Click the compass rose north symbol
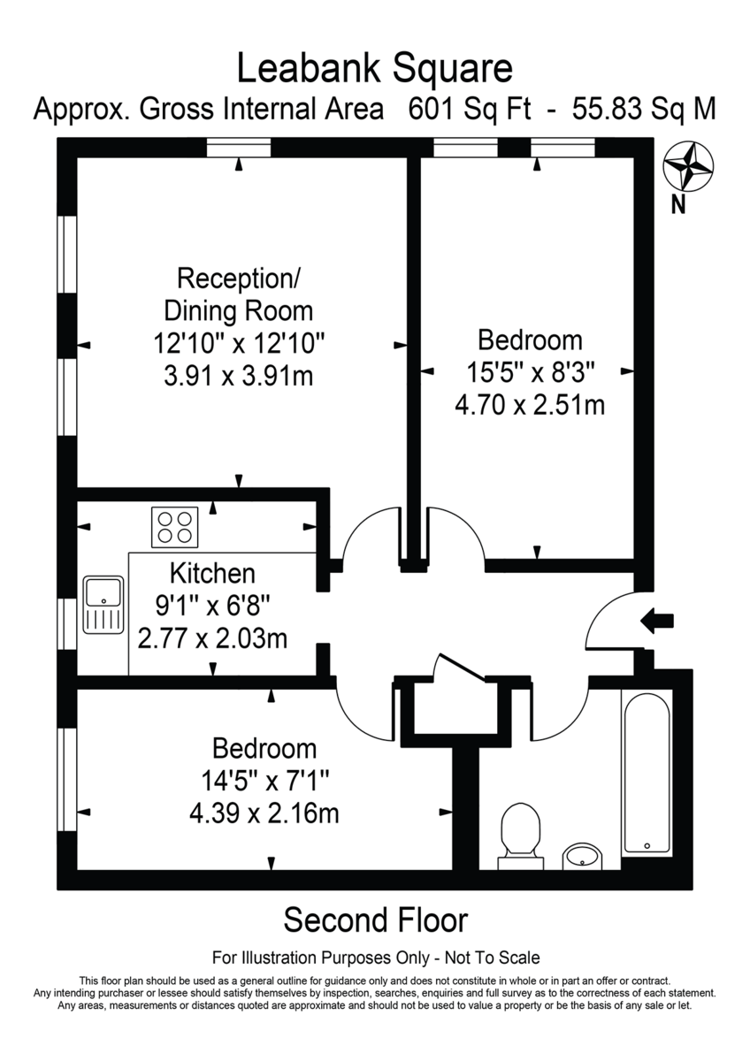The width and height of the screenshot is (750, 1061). tap(688, 166)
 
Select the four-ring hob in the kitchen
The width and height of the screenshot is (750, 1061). tap(174, 526)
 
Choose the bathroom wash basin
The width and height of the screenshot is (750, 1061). tap(582, 855)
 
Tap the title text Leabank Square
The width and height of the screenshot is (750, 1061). tap(374, 68)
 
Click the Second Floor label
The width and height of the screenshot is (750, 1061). tap(375, 920)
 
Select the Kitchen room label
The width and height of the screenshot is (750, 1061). tap(212, 573)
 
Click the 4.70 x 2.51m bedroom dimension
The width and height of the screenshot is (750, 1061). tap(529, 406)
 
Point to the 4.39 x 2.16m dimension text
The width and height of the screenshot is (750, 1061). tap(264, 812)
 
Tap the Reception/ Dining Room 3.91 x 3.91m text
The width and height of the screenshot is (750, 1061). tap(239, 376)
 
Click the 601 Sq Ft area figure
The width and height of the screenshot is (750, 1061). tap(469, 110)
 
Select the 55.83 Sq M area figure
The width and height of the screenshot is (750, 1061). tap(644, 110)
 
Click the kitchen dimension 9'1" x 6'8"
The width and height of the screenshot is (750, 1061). tap(212, 606)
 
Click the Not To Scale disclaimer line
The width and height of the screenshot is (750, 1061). tap(375, 958)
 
